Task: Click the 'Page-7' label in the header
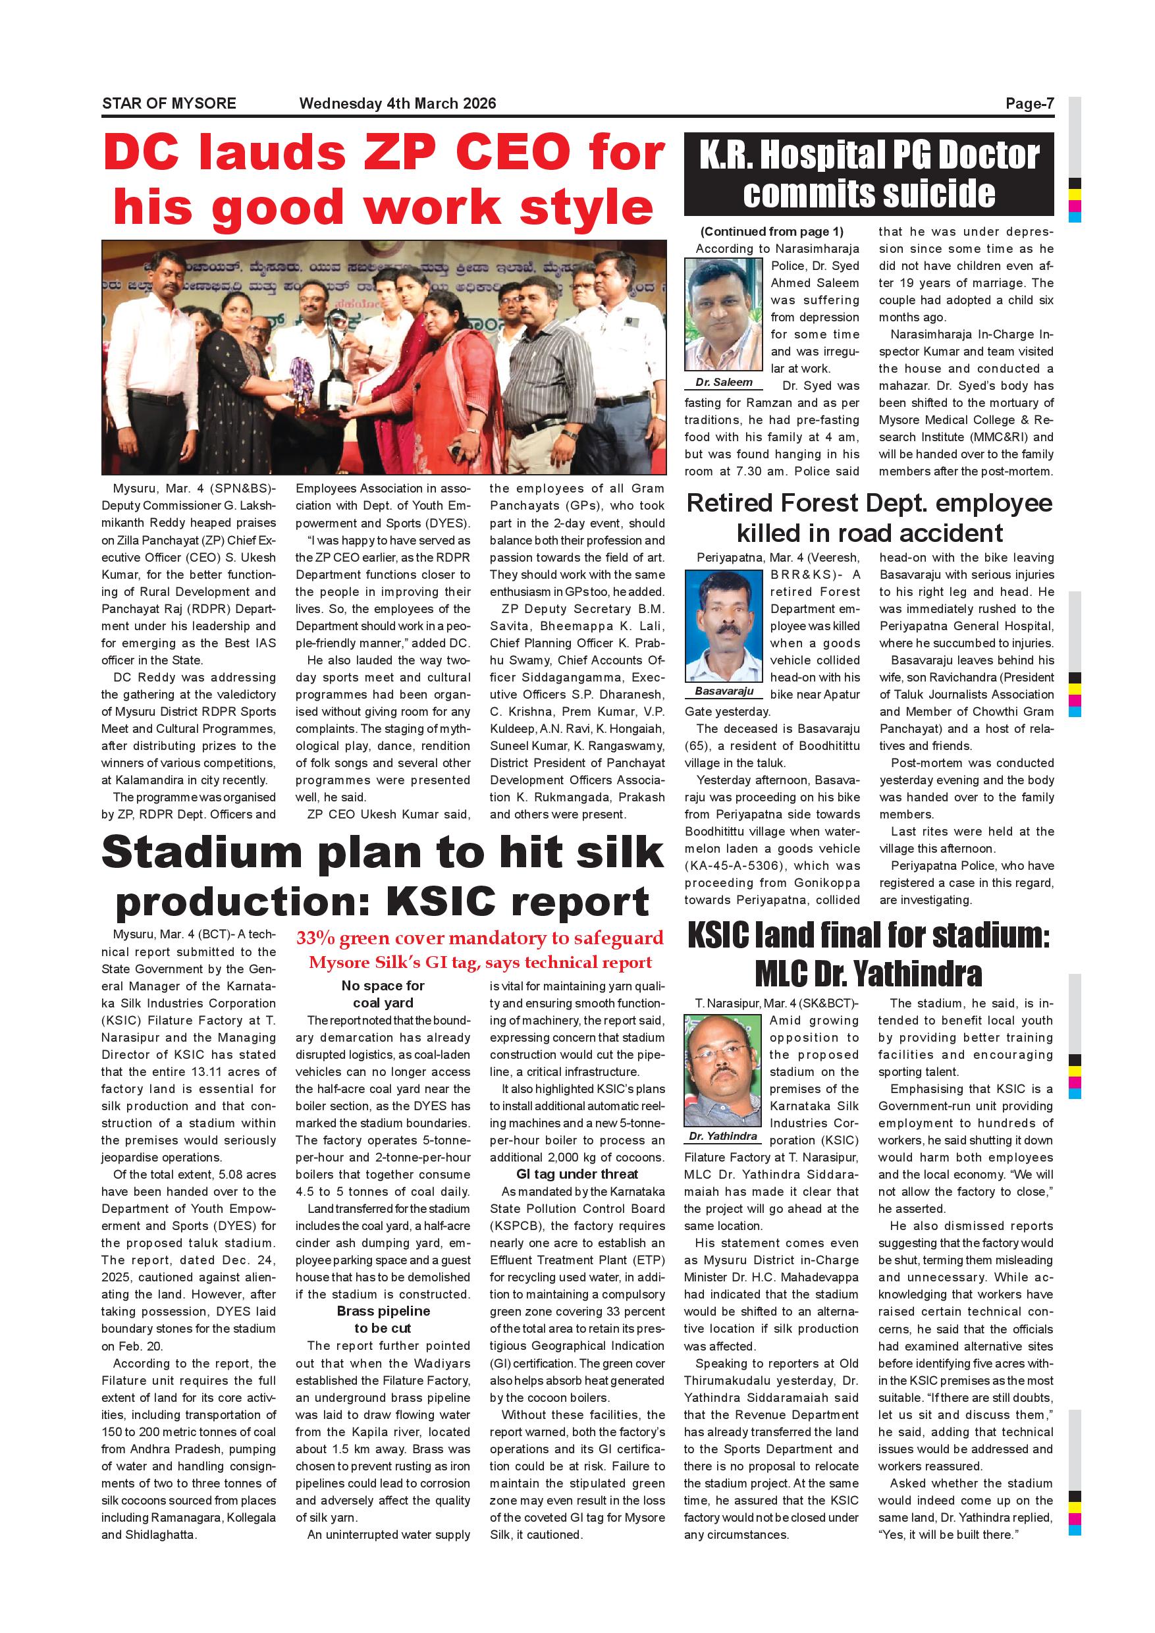1029,104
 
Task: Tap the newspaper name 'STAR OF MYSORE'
169,104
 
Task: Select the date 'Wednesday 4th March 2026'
398,104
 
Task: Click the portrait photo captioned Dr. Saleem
723,313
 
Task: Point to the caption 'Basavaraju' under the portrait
723,691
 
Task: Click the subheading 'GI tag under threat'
577,1174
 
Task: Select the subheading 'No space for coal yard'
383,994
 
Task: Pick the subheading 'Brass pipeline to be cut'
383,1320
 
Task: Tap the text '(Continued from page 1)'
772,232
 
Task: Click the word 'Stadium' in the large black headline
202,852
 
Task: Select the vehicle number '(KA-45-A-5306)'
736,866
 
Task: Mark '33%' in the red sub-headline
315,938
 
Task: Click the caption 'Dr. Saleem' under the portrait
723,383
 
